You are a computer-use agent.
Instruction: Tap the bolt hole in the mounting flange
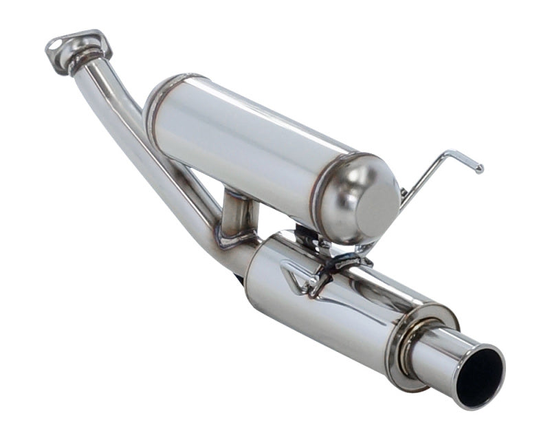54,46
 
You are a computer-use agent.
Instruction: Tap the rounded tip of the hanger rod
479,168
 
